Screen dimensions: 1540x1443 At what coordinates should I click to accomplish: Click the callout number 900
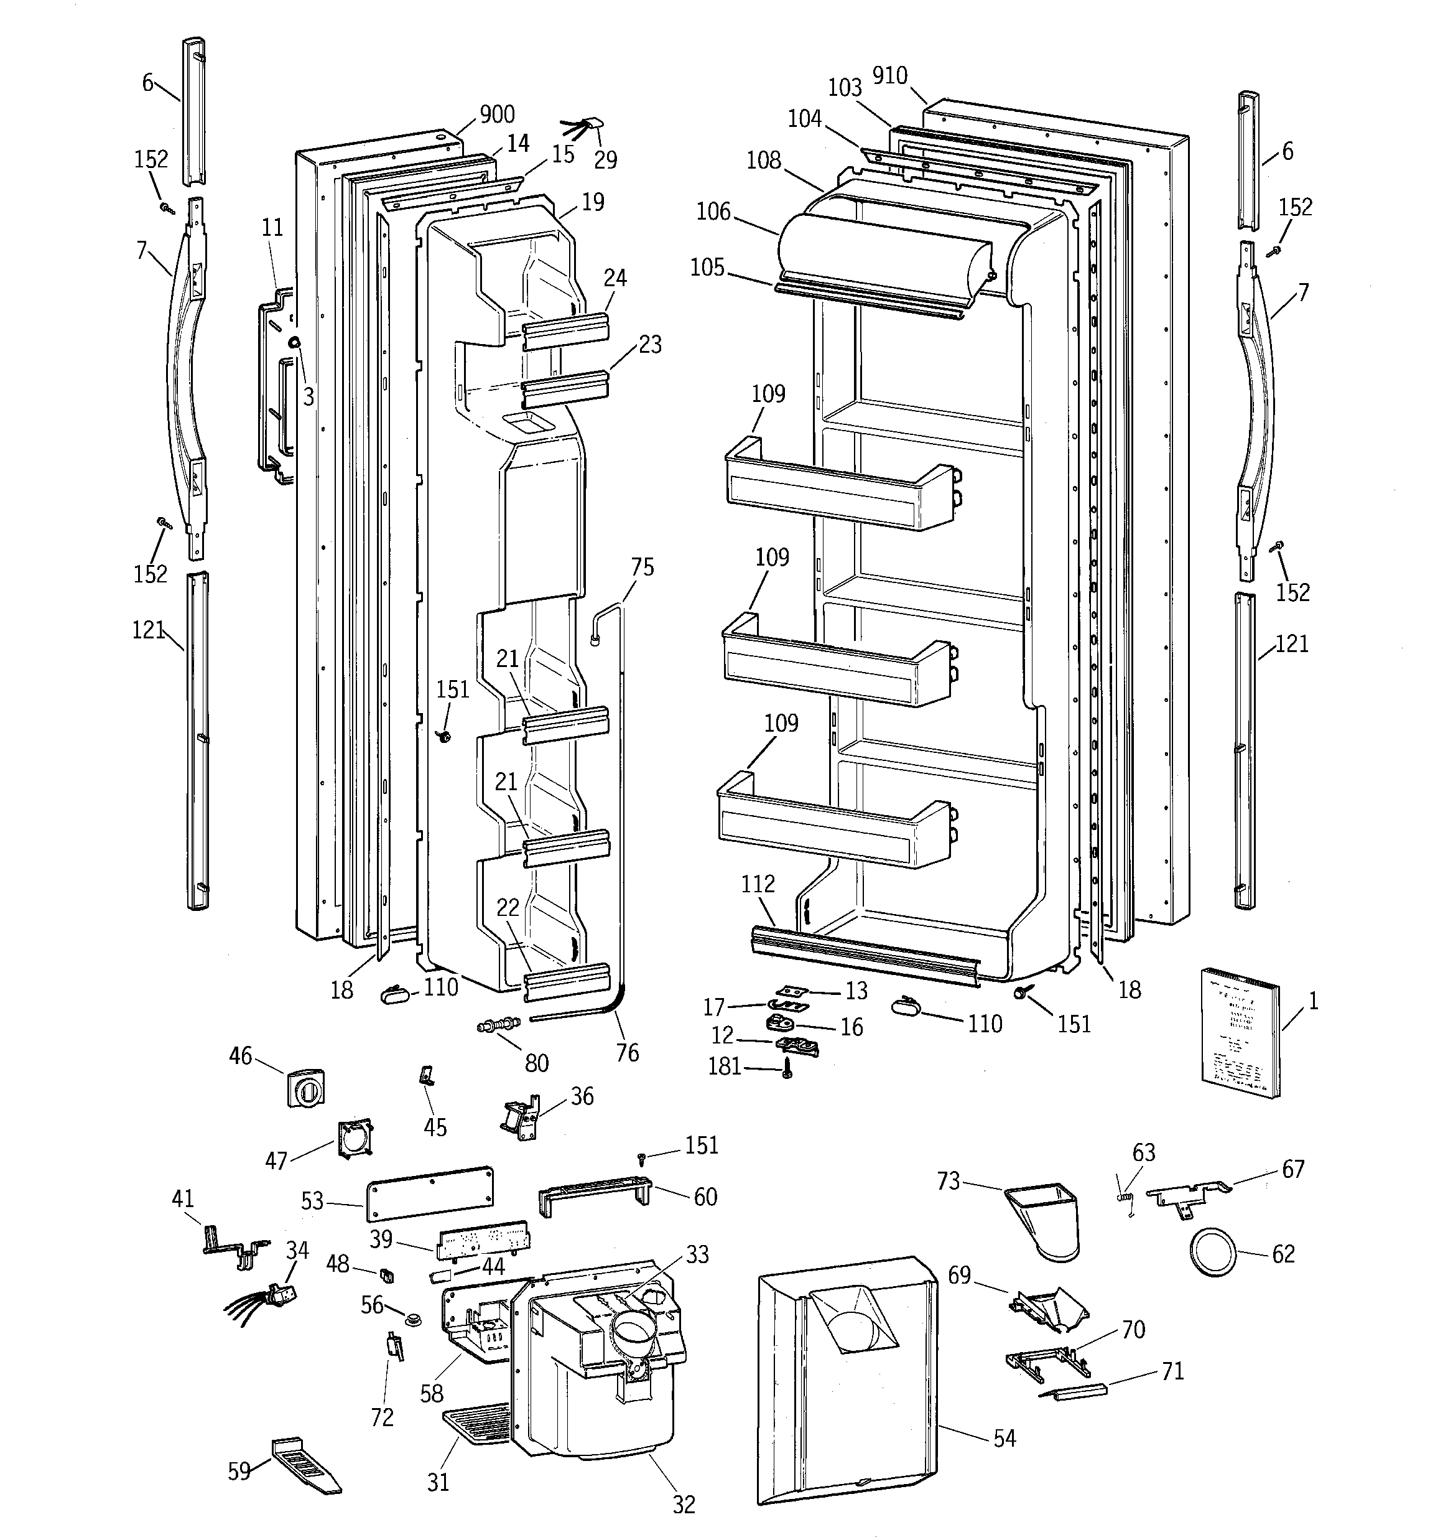[x=496, y=114]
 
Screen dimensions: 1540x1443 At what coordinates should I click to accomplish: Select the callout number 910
[x=889, y=76]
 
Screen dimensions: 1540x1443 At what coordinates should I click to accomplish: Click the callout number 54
[x=1004, y=1439]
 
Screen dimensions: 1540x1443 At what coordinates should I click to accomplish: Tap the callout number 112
[x=757, y=884]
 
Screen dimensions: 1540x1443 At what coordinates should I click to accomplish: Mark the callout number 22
[x=508, y=908]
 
